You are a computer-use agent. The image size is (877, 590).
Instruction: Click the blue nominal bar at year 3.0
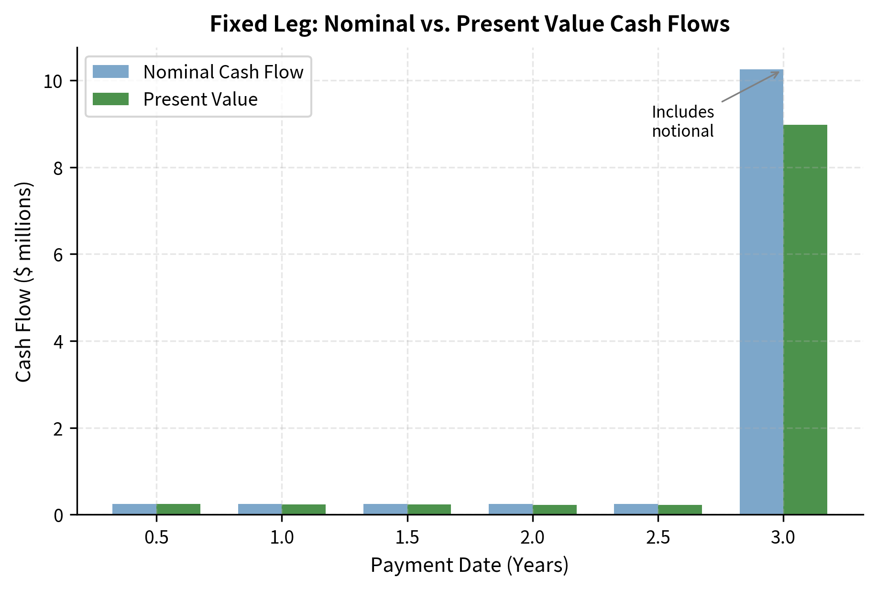761,292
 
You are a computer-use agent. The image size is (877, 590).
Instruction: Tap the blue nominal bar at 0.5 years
134,509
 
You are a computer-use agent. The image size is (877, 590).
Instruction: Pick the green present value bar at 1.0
304,510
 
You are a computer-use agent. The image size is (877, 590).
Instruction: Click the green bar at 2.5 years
680,510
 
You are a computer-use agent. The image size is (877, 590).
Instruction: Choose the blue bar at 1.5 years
385,509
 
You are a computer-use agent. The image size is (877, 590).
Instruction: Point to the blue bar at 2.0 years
510,509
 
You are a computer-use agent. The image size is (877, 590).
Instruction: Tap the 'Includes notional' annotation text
682,121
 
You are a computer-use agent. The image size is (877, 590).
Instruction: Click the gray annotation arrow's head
778,72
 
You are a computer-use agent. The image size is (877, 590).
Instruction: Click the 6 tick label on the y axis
58,255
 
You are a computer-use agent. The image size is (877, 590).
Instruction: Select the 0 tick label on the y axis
58,516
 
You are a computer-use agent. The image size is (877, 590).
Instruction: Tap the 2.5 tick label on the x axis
658,538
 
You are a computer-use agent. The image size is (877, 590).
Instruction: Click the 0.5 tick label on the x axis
156,538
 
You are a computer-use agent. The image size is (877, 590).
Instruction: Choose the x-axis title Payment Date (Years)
469,565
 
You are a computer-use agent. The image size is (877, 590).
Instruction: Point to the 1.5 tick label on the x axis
407,538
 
